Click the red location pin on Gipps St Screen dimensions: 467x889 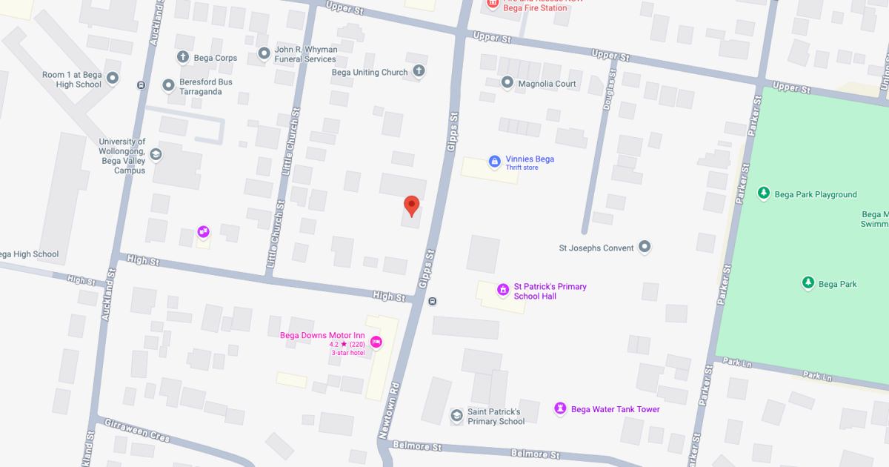click(411, 205)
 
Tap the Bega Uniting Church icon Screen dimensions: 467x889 click(419, 71)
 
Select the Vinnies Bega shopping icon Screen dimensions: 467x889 click(495, 161)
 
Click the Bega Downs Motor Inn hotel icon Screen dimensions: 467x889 click(376, 341)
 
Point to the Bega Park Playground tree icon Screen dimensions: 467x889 click(764, 193)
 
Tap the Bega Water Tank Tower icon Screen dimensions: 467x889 click(561, 408)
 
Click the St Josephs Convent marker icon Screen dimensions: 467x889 click(645, 247)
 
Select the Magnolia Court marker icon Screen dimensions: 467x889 click(507, 82)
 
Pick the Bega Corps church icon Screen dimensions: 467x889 click(183, 57)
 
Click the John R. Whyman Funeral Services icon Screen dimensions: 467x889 click(264, 53)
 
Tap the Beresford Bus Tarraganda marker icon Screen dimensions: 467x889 click(168, 86)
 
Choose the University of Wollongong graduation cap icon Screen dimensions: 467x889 click(156, 154)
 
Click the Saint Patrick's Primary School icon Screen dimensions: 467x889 click(457, 415)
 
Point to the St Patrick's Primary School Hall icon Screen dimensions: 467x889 click(503, 290)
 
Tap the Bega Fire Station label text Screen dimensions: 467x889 click(535, 8)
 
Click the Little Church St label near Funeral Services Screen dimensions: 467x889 click(290, 142)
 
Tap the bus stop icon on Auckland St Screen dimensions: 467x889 click(141, 85)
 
